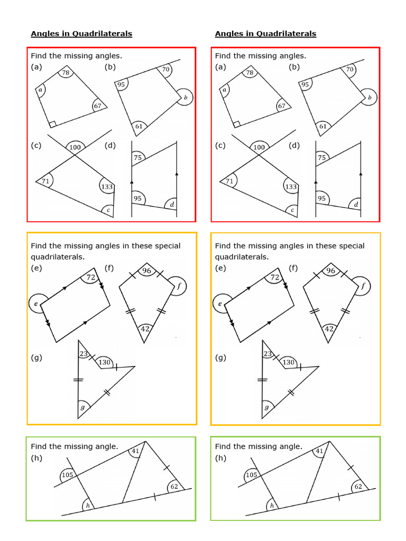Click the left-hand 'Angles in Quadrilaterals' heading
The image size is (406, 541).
81,34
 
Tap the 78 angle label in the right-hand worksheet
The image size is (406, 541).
250,73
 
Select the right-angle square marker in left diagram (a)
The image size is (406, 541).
52,124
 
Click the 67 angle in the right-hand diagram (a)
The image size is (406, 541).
281,106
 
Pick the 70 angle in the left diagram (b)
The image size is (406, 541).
165,69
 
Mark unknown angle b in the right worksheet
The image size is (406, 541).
370,98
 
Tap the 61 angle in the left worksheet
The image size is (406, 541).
139,126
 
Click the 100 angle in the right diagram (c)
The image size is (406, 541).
259,147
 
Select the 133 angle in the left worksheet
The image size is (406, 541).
107,186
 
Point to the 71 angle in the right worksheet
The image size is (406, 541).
229,182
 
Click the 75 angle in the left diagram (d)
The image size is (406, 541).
138,157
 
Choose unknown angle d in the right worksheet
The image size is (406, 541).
356,204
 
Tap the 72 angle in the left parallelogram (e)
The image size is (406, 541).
90,277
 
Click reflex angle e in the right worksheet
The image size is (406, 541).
221,303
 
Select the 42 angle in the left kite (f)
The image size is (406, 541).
145,329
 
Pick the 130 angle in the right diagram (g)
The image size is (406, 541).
288,362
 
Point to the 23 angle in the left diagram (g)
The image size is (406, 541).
82,355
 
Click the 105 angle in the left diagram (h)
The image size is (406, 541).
67,475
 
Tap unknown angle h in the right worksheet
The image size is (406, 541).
272,506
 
